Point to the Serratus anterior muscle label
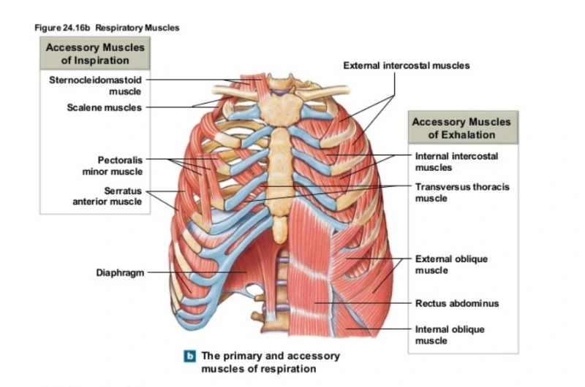tap(108, 196)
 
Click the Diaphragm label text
tap(119, 273)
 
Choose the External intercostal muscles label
tap(407, 66)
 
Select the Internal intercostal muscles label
tap(456, 161)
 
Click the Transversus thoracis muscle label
tap(462, 192)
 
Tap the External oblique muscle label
tap(451, 264)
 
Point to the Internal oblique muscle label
tap(450, 334)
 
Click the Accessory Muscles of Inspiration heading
tap(95, 53)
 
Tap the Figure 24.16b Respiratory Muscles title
tap(107, 28)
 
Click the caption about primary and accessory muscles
tap(271, 361)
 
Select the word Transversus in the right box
tap(442, 187)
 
